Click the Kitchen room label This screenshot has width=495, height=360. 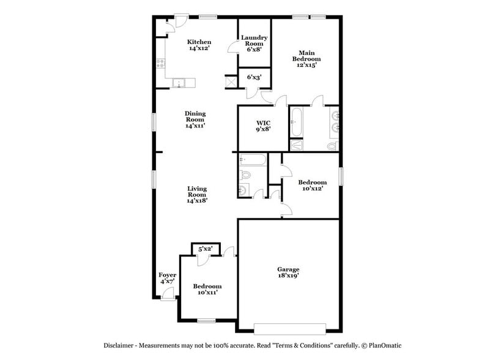(199, 45)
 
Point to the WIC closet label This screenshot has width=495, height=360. (263, 126)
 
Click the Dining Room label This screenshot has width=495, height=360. (195, 119)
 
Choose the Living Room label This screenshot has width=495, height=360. (196, 195)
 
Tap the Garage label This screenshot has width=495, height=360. (288, 272)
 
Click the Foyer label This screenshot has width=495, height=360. (167, 279)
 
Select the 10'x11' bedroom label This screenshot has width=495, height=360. (207, 290)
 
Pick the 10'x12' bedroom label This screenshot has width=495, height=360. (312, 186)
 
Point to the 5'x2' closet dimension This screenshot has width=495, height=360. (204, 249)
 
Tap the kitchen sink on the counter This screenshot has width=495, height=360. (179, 83)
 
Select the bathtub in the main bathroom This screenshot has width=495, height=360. (296, 121)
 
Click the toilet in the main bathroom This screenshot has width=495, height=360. (332, 146)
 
